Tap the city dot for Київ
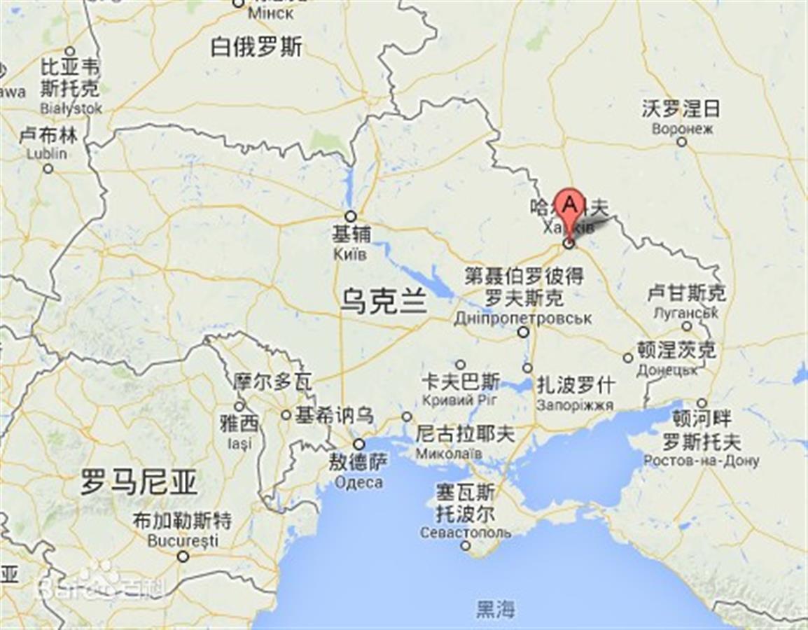click(x=350, y=216)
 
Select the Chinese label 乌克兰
click(x=384, y=302)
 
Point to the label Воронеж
click(x=682, y=129)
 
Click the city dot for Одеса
click(x=359, y=444)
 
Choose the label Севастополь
click(x=466, y=533)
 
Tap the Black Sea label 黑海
click(x=496, y=609)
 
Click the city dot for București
click(x=183, y=556)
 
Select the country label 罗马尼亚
click(x=139, y=482)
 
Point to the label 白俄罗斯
click(x=256, y=47)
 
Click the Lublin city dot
click(x=48, y=168)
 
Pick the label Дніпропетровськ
click(x=522, y=318)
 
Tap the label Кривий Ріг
click(x=460, y=400)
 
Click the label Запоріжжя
click(x=575, y=405)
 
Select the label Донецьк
click(x=667, y=369)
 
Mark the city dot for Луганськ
click(x=686, y=326)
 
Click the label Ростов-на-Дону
click(x=701, y=461)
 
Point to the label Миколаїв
click(x=449, y=454)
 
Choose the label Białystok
click(x=71, y=108)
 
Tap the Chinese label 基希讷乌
click(x=333, y=415)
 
